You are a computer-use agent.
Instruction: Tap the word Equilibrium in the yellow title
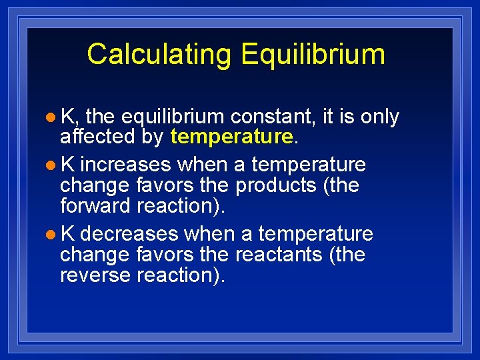[x=313, y=55]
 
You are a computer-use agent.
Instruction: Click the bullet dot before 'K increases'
[x=51, y=165]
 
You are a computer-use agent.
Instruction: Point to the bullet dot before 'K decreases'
[x=51, y=235]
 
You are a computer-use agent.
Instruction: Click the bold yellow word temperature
[x=232, y=137]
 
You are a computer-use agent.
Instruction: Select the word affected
[x=97, y=137]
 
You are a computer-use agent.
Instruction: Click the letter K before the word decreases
[x=67, y=234]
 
